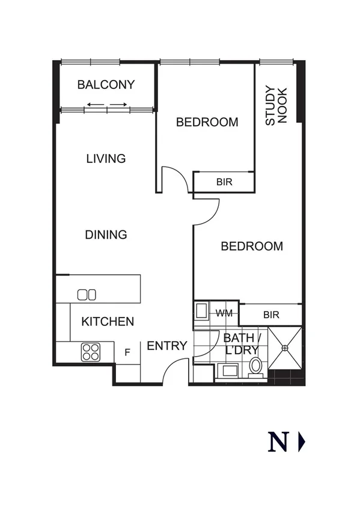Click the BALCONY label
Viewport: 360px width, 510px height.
click(106, 85)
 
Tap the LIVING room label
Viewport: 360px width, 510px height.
click(106, 159)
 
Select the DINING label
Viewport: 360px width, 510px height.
click(106, 235)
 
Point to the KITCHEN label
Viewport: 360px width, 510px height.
click(108, 322)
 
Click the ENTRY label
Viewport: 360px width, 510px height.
click(167, 346)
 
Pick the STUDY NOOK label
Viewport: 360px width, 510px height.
click(276, 106)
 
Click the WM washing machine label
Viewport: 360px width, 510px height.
click(224, 313)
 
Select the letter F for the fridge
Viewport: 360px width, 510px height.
click(127, 352)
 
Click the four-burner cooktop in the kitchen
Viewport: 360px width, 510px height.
click(90, 351)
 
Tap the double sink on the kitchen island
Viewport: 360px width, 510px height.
click(87, 294)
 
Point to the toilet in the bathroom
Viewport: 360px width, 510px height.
click(255, 366)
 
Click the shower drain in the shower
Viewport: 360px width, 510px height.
click(286, 347)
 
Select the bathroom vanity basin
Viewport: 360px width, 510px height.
click(229, 370)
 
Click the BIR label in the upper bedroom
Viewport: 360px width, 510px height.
click(224, 182)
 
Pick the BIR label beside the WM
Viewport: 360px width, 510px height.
click(271, 315)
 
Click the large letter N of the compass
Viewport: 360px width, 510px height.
click(278, 443)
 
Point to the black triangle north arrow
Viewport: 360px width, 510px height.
click(302, 443)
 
